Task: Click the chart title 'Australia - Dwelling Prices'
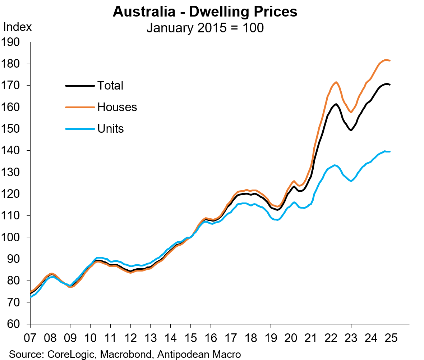pyautogui.click(x=205, y=12)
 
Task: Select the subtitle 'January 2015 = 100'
pyautogui.click(x=205, y=28)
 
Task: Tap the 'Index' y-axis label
pyautogui.click(x=17, y=27)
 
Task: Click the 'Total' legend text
pyautogui.click(x=110, y=86)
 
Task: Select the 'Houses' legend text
pyautogui.click(x=117, y=107)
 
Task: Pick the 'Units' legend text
pyautogui.click(x=111, y=129)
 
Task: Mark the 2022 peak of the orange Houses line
pyautogui.click(x=336, y=82)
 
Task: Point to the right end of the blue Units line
pyautogui.click(x=390, y=151)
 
